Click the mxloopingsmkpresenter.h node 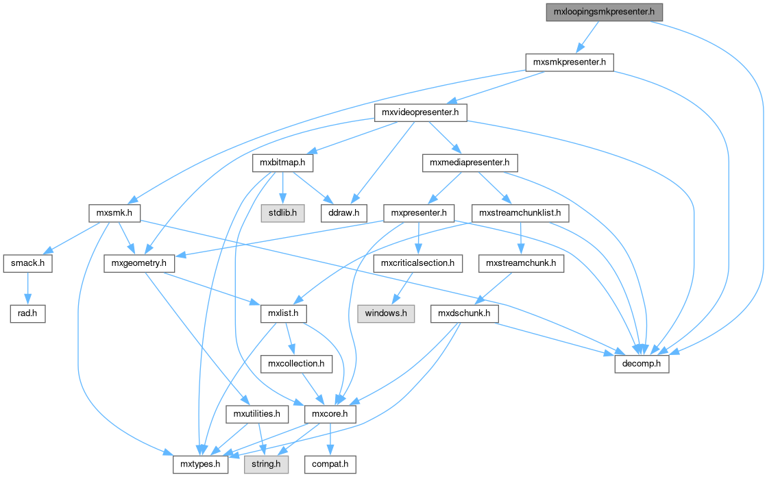coord(605,12)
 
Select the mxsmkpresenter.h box coord(568,62)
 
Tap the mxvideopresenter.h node coord(420,112)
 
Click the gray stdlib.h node coord(282,213)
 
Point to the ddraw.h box coord(344,213)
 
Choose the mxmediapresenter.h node coord(470,163)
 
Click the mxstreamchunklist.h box coord(520,213)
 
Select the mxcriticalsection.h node coord(418,263)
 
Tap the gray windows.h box coord(385,314)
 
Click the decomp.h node coord(641,364)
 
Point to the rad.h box coord(27,314)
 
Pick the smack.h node coord(27,263)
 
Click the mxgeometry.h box coord(140,263)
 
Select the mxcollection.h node coord(296,364)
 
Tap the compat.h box coord(330,465)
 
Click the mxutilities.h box coord(256,414)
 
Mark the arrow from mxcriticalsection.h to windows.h coord(401,289)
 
